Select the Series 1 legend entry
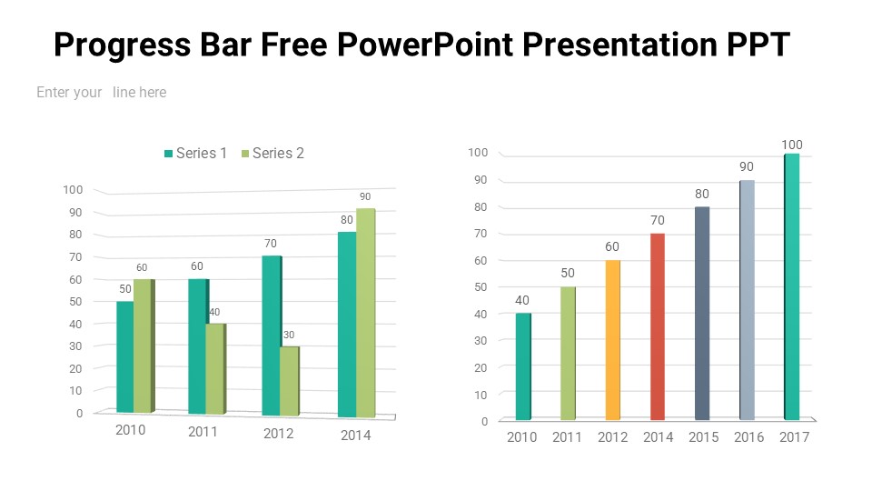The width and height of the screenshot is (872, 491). click(194, 154)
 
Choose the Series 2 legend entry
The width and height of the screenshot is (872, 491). click(272, 154)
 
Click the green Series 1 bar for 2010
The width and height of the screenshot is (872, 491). click(124, 356)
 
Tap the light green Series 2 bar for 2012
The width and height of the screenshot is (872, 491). click(288, 381)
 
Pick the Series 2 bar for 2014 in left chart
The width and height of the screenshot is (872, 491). click(365, 312)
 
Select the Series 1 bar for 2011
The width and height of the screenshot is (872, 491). click(197, 346)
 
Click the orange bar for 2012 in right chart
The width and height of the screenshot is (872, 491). click(612, 340)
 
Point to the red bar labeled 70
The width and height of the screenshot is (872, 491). click(658, 326)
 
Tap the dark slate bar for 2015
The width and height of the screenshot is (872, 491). click(702, 314)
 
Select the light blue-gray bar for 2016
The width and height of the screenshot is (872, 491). click(747, 300)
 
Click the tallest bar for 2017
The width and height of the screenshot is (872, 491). click(791, 286)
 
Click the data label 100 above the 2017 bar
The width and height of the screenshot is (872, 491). click(792, 145)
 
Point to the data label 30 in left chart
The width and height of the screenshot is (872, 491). click(289, 336)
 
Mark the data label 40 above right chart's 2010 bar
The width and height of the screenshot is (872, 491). click(522, 301)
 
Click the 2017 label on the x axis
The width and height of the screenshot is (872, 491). click(794, 437)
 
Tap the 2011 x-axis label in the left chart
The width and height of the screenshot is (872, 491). click(203, 432)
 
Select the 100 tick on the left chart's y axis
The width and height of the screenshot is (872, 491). click(73, 190)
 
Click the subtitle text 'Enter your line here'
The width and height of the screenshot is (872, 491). click(101, 92)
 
